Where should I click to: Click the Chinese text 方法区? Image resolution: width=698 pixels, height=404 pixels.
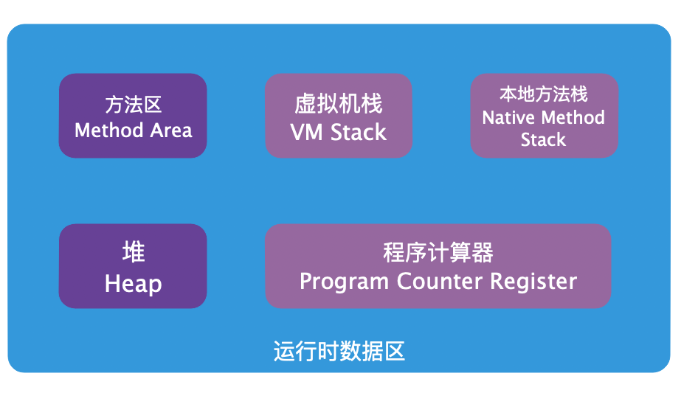pyautogui.click(x=133, y=105)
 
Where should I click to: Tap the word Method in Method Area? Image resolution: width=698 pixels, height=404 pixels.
pyautogui.click(x=108, y=131)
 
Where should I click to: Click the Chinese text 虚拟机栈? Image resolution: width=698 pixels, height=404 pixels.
pyautogui.click(x=339, y=104)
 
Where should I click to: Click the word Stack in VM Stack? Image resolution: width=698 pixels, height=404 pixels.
pyautogui.click(x=359, y=133)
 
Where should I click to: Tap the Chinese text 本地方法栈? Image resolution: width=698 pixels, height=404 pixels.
pyautogui.click(x=544, y=94)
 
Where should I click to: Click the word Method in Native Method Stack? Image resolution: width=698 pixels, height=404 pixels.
pyautogui.click(x=573, y=118)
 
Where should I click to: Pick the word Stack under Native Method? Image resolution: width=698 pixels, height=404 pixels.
pyautogui.click(x=544, y=140)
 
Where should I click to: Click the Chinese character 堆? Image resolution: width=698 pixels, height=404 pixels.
pyautogui.click(x=134, y=253)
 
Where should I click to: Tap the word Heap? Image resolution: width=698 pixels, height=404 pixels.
pyautogui.click(x=134, y=284)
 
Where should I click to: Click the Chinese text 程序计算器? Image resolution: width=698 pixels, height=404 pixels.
pyautogui.click(x=438, y=253)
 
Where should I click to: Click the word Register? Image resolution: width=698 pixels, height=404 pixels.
pyautogui.click(x=533, y=282)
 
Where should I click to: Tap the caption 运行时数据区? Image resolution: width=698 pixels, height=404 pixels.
pyautogui.click(x=339, y=352)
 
